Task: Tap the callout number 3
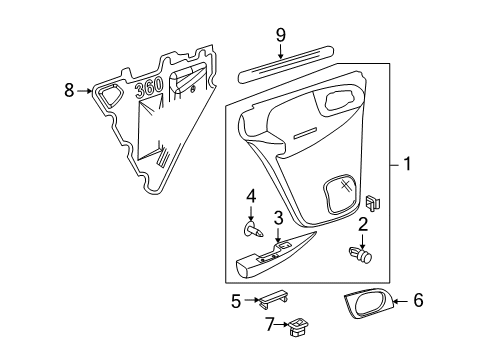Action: click(x=279, y=217)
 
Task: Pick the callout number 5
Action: click(x=236, y=299)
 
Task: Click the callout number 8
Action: click(x=69, y=91)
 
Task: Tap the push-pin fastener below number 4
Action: click(x=253, y=232)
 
